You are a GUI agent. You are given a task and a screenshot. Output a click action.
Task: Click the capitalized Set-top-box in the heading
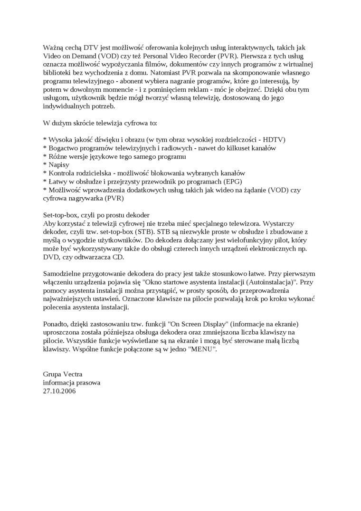61,214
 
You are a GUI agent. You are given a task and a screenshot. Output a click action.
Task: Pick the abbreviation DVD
51,257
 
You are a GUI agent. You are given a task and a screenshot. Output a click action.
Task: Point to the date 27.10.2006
59,391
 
